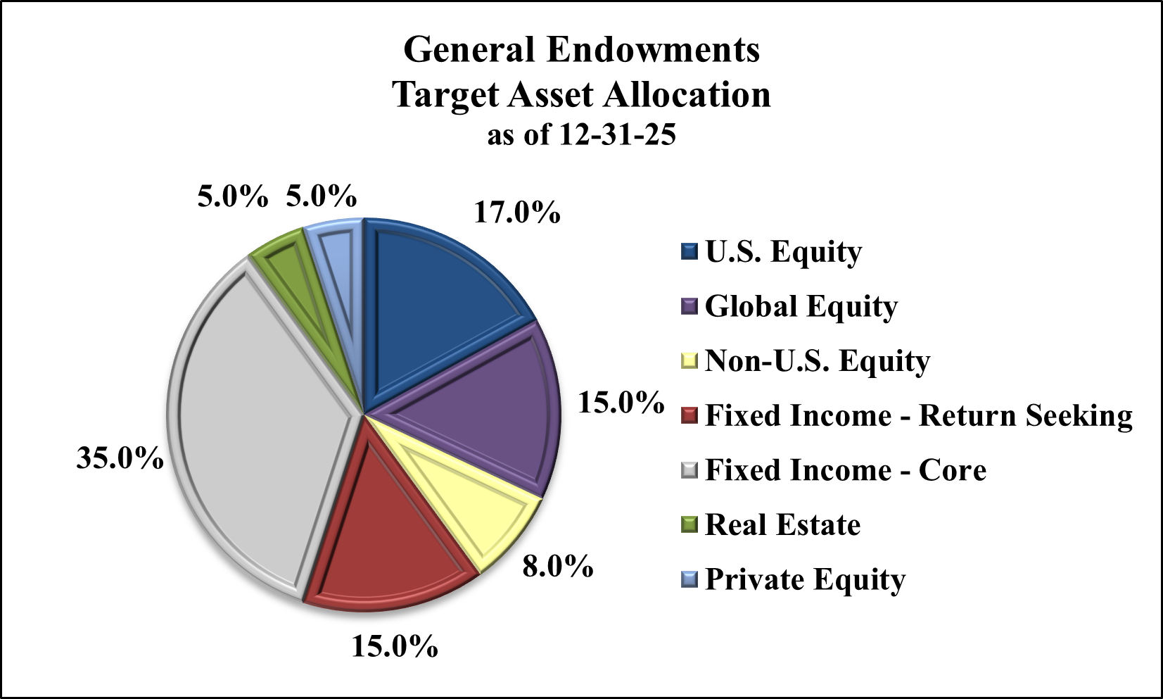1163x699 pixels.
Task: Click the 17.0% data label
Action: point(516,212)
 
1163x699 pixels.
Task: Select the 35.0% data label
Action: point(120,458)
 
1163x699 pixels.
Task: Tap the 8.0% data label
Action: point(557,566)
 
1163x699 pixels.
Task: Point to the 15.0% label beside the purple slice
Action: point(621,403)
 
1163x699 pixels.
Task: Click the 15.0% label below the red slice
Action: point(394,646)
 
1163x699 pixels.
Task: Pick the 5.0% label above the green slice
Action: point(232,196)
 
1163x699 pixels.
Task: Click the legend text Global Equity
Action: point(801,306)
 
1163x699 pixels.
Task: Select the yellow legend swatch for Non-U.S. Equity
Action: point(689,361)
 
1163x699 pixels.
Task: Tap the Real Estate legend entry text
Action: point(782,525)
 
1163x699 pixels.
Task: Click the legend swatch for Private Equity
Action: point(689,579)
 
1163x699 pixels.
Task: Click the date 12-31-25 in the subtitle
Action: point(617,134)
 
